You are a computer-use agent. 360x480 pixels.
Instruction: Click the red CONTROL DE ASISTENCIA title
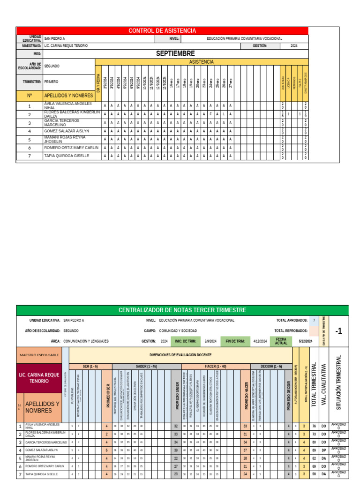162,30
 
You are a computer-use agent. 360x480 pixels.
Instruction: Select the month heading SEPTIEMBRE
175,54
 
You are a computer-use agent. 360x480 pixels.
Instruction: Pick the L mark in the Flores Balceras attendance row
224,114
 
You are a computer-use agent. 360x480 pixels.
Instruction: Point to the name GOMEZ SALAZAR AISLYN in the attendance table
66,131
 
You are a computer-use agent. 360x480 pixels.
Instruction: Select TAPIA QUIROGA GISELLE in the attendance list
66,156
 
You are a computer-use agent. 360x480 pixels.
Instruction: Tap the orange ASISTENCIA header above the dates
201,62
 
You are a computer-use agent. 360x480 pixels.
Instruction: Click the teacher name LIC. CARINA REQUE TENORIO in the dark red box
38,378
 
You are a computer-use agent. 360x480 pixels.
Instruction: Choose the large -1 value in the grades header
339,331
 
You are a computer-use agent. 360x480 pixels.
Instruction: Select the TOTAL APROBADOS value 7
314,320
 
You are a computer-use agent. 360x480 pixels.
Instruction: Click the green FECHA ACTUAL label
281,341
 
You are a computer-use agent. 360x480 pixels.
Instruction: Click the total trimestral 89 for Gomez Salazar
314,450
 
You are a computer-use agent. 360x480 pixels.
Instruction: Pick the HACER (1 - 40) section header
216,366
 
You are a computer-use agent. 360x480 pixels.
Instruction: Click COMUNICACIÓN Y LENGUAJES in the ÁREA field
86,341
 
